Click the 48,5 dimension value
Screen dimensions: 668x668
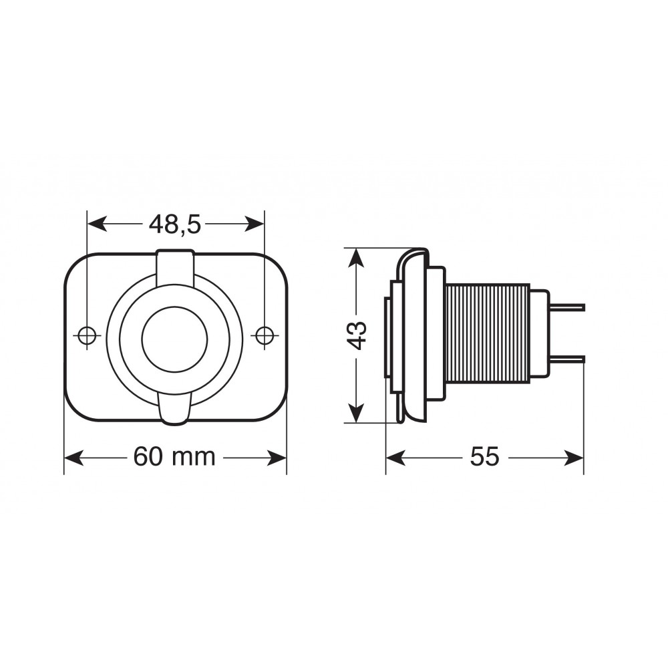[174, 224]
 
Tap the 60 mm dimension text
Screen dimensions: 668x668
[174, 457]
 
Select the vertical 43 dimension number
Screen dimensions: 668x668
[357, 335]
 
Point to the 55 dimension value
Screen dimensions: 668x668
[484, 457]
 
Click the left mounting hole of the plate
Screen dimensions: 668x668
[87, 335]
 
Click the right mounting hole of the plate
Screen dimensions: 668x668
[265, 335]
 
